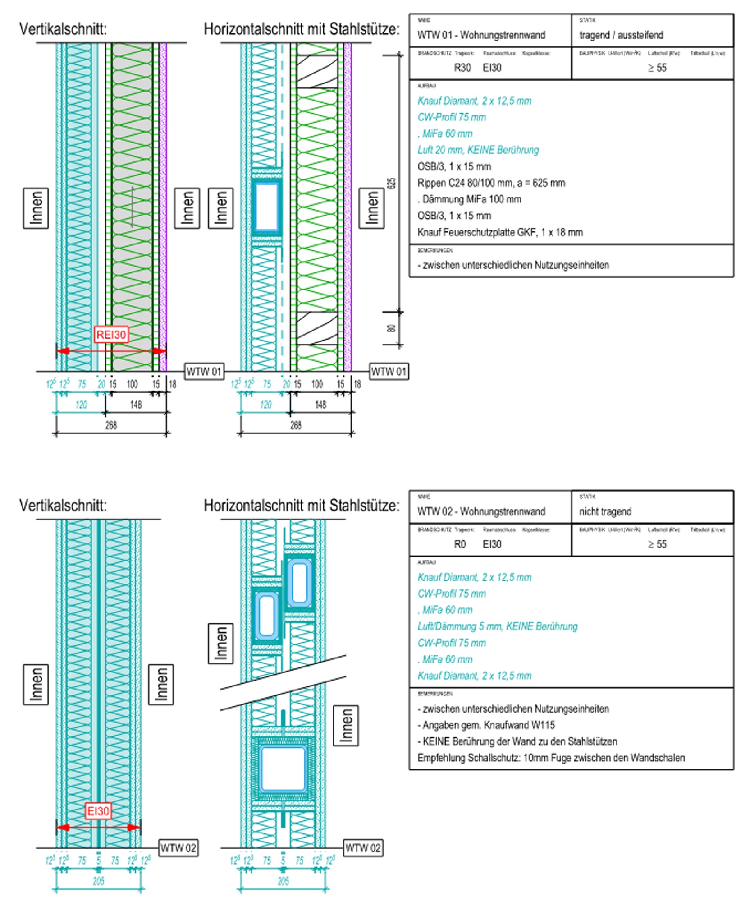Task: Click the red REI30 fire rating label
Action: [x=111, y=335]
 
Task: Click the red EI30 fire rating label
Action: [x=98, y=811]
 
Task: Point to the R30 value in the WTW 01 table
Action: [x=462, y=68]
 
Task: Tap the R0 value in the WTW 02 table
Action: [x=460, y=544]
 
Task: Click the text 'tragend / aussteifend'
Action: [x=621, y=35]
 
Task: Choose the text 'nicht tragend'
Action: [x=605, y=511]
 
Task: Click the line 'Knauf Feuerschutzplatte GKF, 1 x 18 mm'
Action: [x=500, y=232]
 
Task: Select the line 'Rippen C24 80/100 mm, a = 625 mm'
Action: [x=491, y=183]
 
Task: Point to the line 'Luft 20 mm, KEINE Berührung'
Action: [x=478, y=150]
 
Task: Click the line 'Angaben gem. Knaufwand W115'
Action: [x=489, y=725]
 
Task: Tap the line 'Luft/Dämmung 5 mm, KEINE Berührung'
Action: [x=497, y=626]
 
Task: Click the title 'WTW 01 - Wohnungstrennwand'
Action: [x=481, y=35]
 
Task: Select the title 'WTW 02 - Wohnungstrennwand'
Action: [x=481, y=511]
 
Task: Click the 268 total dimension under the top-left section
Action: [x=111, y=425]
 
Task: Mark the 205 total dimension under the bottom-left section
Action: [x=98, y=881]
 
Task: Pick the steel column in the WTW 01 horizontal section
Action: [x=266, y=207]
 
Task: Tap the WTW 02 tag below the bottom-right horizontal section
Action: [x=363, y=848]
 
